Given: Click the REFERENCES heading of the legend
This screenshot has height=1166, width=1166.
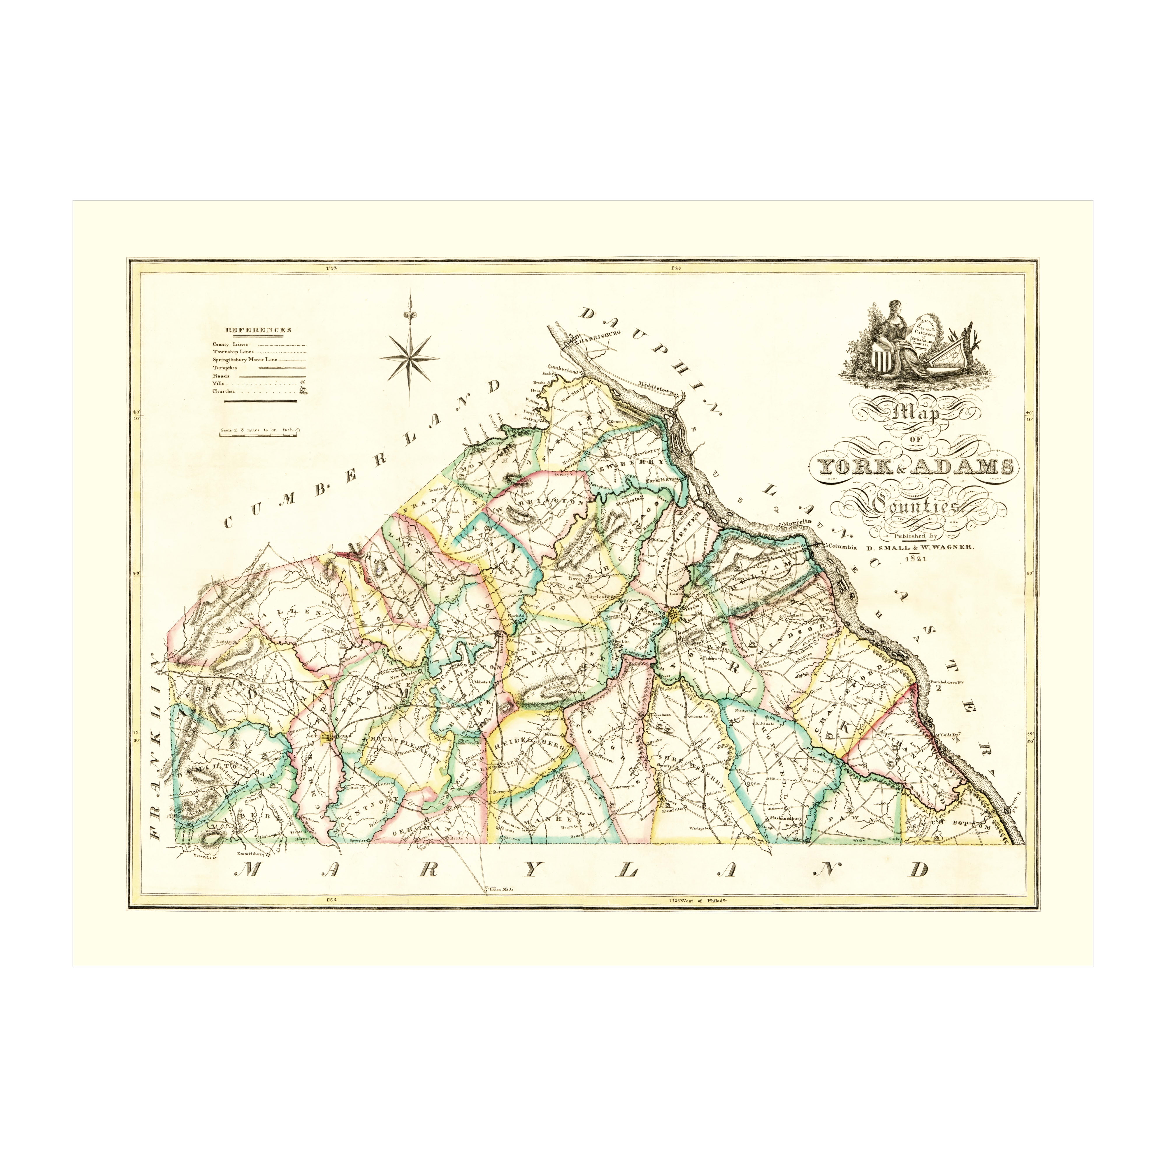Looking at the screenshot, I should [258, 330].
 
